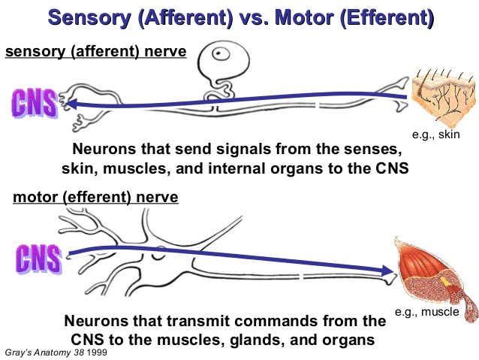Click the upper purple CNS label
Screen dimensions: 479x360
(35, 103)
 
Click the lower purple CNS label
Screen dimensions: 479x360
(39, 259)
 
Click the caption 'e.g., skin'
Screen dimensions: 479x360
(436, 135)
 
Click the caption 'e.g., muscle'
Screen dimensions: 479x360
(427, 312)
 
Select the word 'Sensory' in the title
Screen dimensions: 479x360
(89, 17)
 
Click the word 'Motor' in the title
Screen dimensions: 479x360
(303, 17)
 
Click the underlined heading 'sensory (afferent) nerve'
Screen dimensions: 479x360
(96, 51)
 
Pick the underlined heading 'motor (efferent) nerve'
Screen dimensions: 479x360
(95, 197)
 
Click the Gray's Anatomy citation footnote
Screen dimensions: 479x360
(56, 352)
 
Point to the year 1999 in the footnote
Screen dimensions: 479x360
(97, 352)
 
